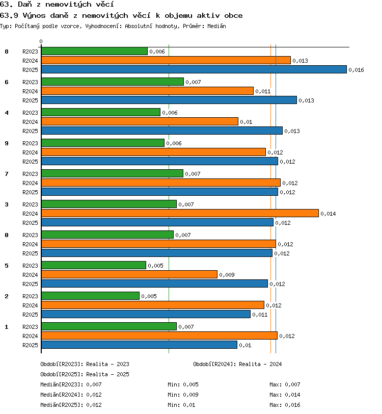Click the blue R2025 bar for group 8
pyautogui.click(x=194, y=69)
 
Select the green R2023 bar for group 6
pyautogui.click(x=113, y=82)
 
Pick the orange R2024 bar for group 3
pyautogui.click(x=180, y=213)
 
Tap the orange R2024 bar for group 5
pyautogui.click(x=129, y=274)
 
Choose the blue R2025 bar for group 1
pyautogui.click(x=139, y=345)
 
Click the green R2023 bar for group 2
pyautogui.click(x=90, y=296)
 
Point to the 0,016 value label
pyautogui.click(x=356, y=70)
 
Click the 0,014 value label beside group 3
pyautogui.click(x=328, y=214)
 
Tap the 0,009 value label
pyautogui.click(x=227, y=275)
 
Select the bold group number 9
pyautogui.click(x=7, y=143)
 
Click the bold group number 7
pyautogui.click(x=7, y=174)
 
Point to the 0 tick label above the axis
pyautogui.click(x=41, y=41)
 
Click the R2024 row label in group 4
pyautogui.click(x=31, y=122)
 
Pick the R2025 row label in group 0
pyautogui.click(x=31, y=253)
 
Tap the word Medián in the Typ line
pyautogui.click(x=216, y=26)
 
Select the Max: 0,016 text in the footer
pyautogui.click(x=285, y=405)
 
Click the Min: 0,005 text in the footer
pyautogui.click(x=183, y=384)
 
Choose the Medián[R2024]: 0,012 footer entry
pyautogui.click(x=71, y=395)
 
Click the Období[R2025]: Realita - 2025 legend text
pyautogui.click(x=85, y=374)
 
